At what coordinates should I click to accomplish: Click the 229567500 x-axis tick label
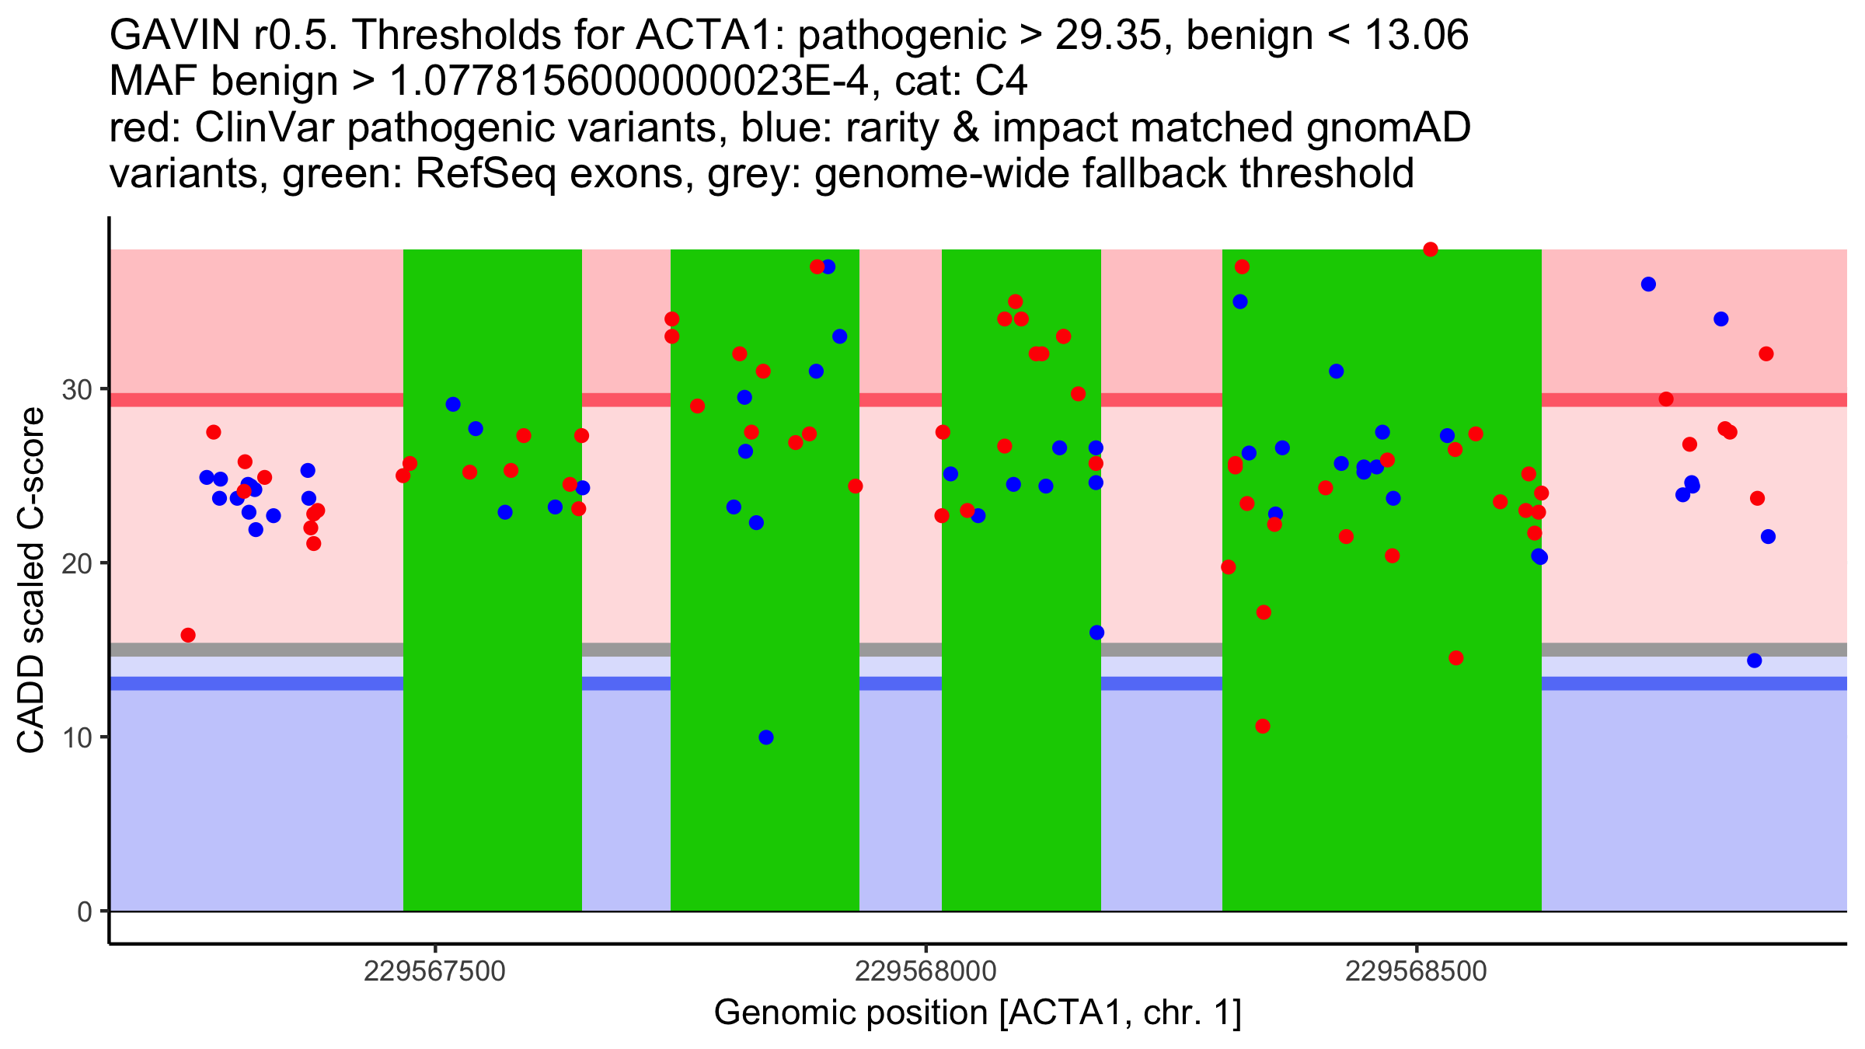(x=434, y=971)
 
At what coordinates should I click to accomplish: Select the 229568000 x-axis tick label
(x=926, y=971)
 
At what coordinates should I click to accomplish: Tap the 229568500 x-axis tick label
(x=1416, y=971)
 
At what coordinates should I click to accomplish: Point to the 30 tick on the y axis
(x=77, y=389)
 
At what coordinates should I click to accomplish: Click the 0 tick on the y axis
(x=85, y=911)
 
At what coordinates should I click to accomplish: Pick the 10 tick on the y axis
(x=77, y=737)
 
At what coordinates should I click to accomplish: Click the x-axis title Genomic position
(x=978, y=1013)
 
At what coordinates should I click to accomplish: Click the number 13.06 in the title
(x=1417, y=36)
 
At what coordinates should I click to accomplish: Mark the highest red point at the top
(x=1431, y=249)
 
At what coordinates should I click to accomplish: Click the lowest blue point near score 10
(x=766, y=737)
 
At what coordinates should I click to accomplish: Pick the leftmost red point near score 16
(x=188, y=636)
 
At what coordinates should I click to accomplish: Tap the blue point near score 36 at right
(x=1648, y=284)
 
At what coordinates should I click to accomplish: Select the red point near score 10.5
(x=1263, y=727)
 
